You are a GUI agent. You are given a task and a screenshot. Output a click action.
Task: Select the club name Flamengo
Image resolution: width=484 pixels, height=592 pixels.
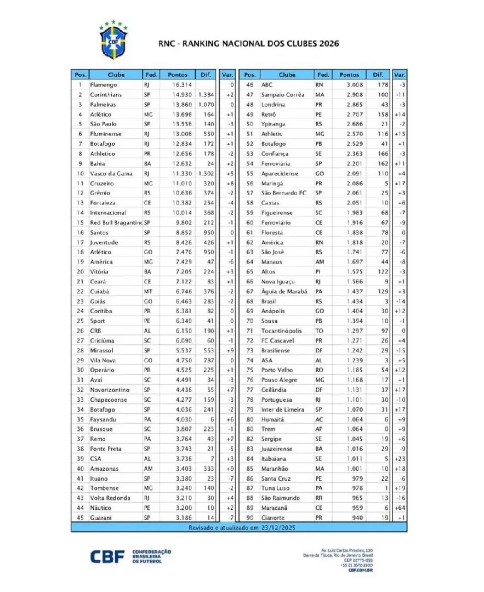click(103, 85)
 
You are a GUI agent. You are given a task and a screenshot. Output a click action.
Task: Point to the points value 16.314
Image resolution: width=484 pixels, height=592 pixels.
click(182, 85)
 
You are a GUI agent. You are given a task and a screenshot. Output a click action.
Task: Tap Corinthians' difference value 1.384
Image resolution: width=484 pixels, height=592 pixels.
click(206, 95)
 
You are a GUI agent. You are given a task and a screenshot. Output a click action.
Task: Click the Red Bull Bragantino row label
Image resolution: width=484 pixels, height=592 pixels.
click(115, 223)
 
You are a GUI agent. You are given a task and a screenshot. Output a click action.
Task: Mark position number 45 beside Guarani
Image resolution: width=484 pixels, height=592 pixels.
click(80, 517)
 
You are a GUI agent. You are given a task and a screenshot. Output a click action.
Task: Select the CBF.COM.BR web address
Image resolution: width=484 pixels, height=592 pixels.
click(361, 570)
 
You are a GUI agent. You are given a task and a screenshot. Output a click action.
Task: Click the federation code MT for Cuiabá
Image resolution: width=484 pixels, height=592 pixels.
click(148, 291)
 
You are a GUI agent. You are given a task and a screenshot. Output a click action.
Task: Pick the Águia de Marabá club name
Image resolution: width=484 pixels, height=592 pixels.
click(282, 291)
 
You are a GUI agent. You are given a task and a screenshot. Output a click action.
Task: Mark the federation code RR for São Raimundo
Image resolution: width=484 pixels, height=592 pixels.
click(320, 498)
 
